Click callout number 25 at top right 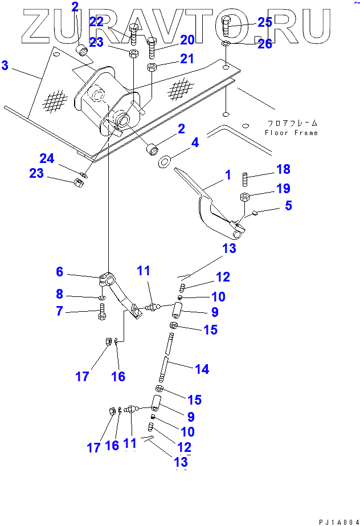[x=265, y=22]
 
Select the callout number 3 [x=5, y=66]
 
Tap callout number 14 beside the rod [x=202, y=369]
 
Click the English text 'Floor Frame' [x=290, y=133]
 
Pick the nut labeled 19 [x=244, y=198]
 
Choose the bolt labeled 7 [x=102, y=312]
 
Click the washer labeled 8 [x=101, y=297]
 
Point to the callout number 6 [x=60, y=272]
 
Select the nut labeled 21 [x=152, y=68]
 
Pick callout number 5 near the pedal [x=289, y=205]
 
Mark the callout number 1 [x=228, y=176]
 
